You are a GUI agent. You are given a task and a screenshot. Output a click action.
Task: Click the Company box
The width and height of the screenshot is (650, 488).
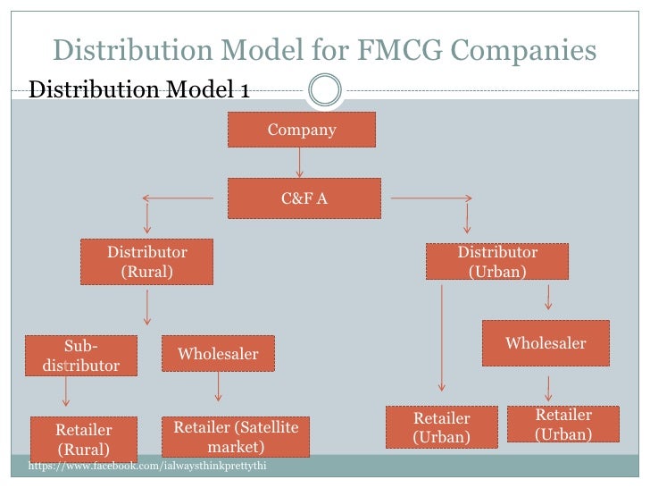click(x=301, y=130)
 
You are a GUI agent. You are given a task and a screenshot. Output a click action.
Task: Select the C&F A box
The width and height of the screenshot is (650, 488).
click(x=304, y=198)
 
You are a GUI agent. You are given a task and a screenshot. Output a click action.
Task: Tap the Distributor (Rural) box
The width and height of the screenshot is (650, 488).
click(x=146, y=261)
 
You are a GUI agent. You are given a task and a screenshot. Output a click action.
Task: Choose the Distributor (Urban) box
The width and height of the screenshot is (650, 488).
click(x=496, y=262)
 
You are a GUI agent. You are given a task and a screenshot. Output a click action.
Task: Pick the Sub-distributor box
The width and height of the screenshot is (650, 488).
click(x=80, y=356)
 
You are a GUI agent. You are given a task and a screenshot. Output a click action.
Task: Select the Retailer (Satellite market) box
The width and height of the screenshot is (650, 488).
click(x=236, y=436)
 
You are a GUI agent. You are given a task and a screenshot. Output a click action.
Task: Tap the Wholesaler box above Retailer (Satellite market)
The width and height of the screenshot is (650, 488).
click(x=218, y=354)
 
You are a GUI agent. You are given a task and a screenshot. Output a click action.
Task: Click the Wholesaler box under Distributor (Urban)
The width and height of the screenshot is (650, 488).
click(x=546, y=343)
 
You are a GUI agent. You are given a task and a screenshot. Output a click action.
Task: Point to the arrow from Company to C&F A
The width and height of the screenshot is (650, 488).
click(x=300, y=162)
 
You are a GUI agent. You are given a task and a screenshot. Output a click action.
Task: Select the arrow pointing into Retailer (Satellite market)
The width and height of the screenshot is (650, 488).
click(x=218, y=388)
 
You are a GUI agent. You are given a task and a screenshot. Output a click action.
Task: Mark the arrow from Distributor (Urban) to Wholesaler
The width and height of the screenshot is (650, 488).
click(x=548, y=298)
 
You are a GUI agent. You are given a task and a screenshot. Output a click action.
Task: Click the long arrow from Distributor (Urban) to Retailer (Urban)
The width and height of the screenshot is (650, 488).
click(x=442, y=340)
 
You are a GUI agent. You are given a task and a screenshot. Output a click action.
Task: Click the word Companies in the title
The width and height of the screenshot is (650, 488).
click(x=527, y=51)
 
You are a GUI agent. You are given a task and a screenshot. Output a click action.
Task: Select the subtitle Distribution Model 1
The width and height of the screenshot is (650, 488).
click(x=139, y=89)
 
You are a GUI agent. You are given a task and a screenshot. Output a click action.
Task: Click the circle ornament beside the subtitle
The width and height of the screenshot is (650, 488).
click(x=324, y=88)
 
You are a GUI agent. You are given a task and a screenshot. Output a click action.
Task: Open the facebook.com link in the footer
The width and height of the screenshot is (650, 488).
click(x=147, y=467)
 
